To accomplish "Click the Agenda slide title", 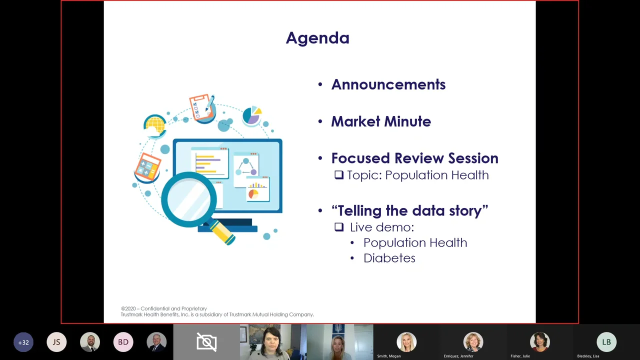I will click(317, 38).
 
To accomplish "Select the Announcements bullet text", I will click(388, 84).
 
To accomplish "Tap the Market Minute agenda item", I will click(380, 121).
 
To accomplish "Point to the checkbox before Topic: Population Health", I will click(339, 175).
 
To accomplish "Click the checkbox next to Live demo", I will click(339, 227).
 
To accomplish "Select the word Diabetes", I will click(389, 258).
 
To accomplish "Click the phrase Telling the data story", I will click(409, 210).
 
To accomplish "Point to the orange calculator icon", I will click(147, 167).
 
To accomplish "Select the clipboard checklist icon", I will click(201, 106).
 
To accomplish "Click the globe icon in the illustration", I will click(155, 125).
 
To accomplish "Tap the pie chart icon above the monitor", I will click(252, 115).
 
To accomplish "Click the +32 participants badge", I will click(23, 342).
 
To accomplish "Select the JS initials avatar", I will click(56, 342).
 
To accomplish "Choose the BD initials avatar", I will click(123, 342).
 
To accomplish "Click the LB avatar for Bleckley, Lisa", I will click(606, 342).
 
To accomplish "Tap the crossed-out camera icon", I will click(206, 342).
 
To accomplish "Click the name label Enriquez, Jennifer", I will click(458, 356).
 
